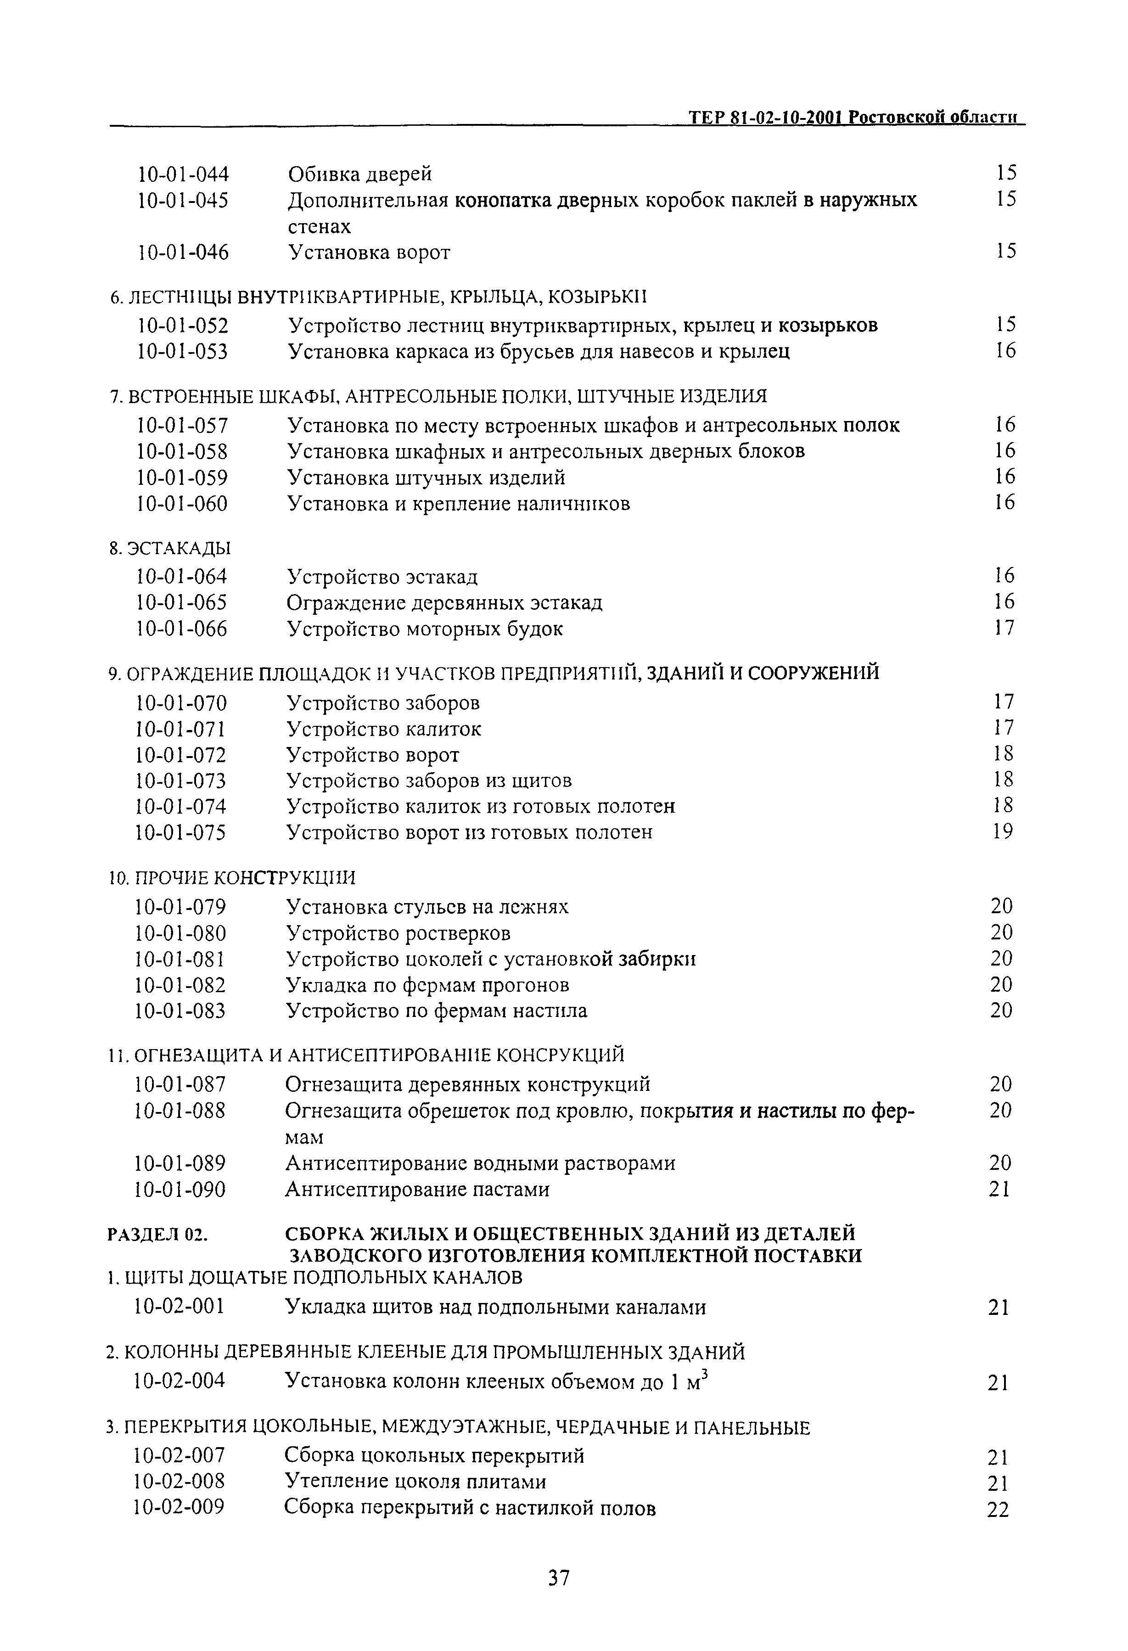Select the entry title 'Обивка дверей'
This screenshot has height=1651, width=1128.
point(359,174)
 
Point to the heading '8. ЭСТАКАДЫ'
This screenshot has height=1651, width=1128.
point(170,549)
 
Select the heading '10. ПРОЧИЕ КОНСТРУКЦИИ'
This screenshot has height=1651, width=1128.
point(231,878)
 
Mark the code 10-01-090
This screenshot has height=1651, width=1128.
point(180,1189)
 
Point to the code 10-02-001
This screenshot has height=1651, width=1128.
point(180,1307)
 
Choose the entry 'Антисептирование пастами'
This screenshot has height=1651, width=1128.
point(417,1189)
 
